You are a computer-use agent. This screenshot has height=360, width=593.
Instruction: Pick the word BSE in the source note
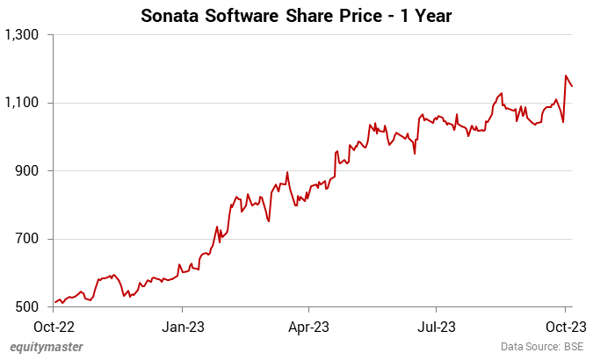click(574, 347)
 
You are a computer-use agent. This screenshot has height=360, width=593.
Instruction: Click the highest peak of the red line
click(566, 76)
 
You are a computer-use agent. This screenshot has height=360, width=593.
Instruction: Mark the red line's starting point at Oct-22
click(54, 303)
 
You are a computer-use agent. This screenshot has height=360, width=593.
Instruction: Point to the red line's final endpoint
click(572, 86)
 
